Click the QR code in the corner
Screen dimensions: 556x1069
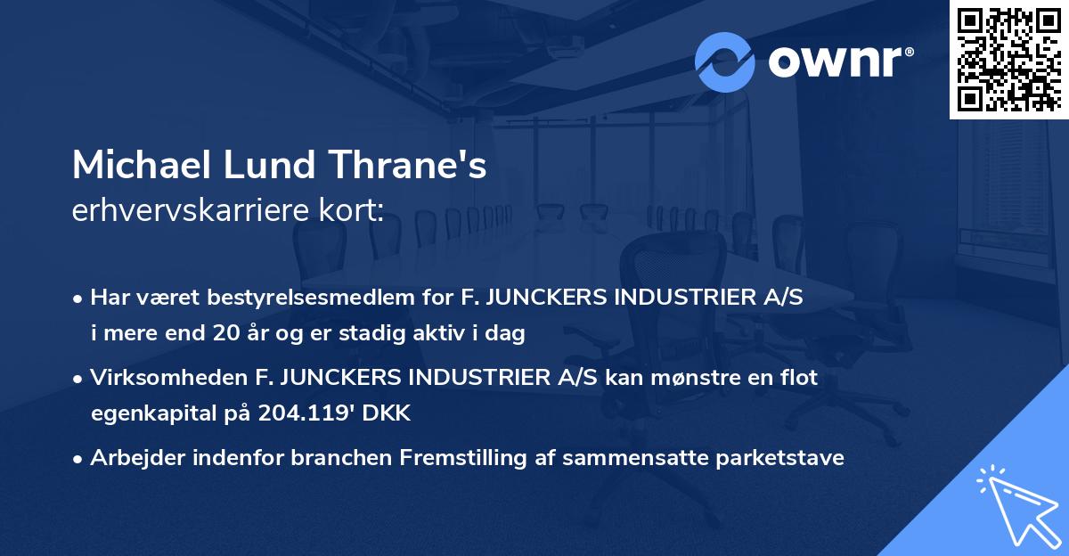[x=1008, y=60]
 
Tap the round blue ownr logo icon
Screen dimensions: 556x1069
[x=725, y=61]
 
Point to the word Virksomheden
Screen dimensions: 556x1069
[x=169, y=378]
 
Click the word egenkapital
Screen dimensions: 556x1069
[x=138, y=414]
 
